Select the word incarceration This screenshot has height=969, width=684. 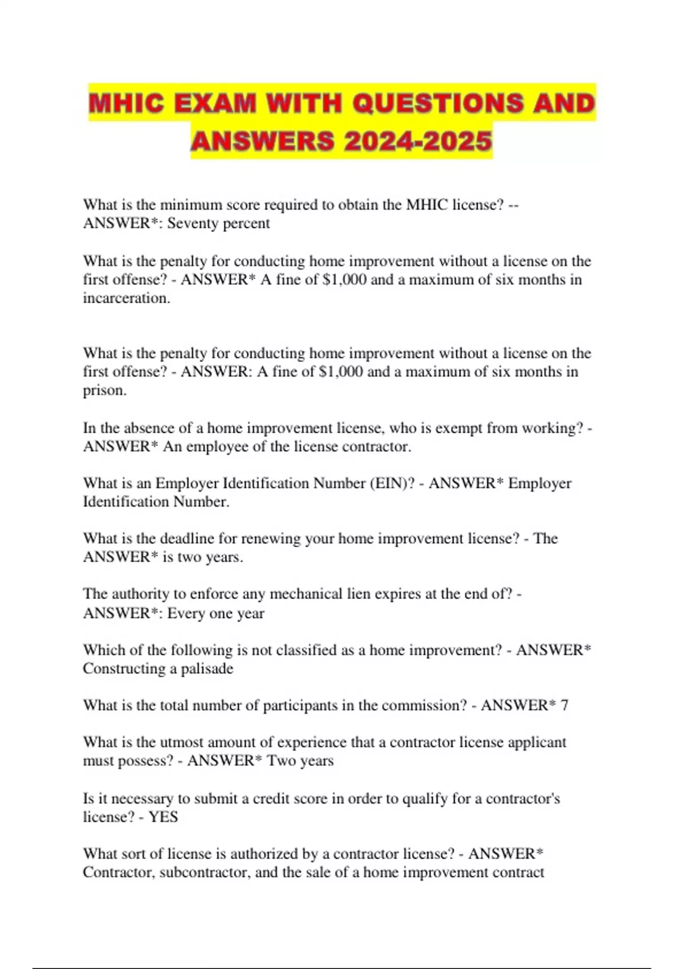click(127, 298)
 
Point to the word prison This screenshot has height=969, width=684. click(104, 390)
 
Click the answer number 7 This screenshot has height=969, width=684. click(564, 706)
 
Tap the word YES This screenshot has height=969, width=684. click(164, 817)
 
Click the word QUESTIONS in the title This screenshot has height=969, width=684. click(438, 104)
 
